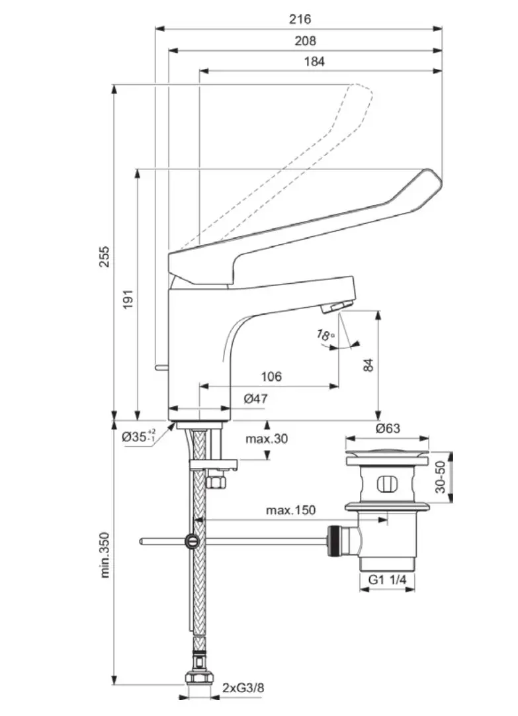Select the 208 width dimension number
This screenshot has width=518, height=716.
pos(305,40)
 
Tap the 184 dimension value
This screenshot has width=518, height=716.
pos(314,62)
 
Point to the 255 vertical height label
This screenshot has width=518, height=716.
pos(104,256)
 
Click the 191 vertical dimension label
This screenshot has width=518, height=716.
pos(129,298)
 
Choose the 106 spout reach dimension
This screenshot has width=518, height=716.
pos(271,377)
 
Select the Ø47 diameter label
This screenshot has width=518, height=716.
pos(255,398)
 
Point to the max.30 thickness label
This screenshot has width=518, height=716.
pos(267,438)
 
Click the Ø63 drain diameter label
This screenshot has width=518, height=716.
pos(388,428)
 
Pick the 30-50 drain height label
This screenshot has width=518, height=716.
pos(441,477)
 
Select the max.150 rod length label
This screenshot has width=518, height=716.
pos(290,510)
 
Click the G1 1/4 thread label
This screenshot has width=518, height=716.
pos(387,580)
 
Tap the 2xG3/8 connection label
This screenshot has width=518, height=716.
pos(243,688)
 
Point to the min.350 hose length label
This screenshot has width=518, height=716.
pos(105,555)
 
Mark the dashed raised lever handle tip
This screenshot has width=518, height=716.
pos(363,90)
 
